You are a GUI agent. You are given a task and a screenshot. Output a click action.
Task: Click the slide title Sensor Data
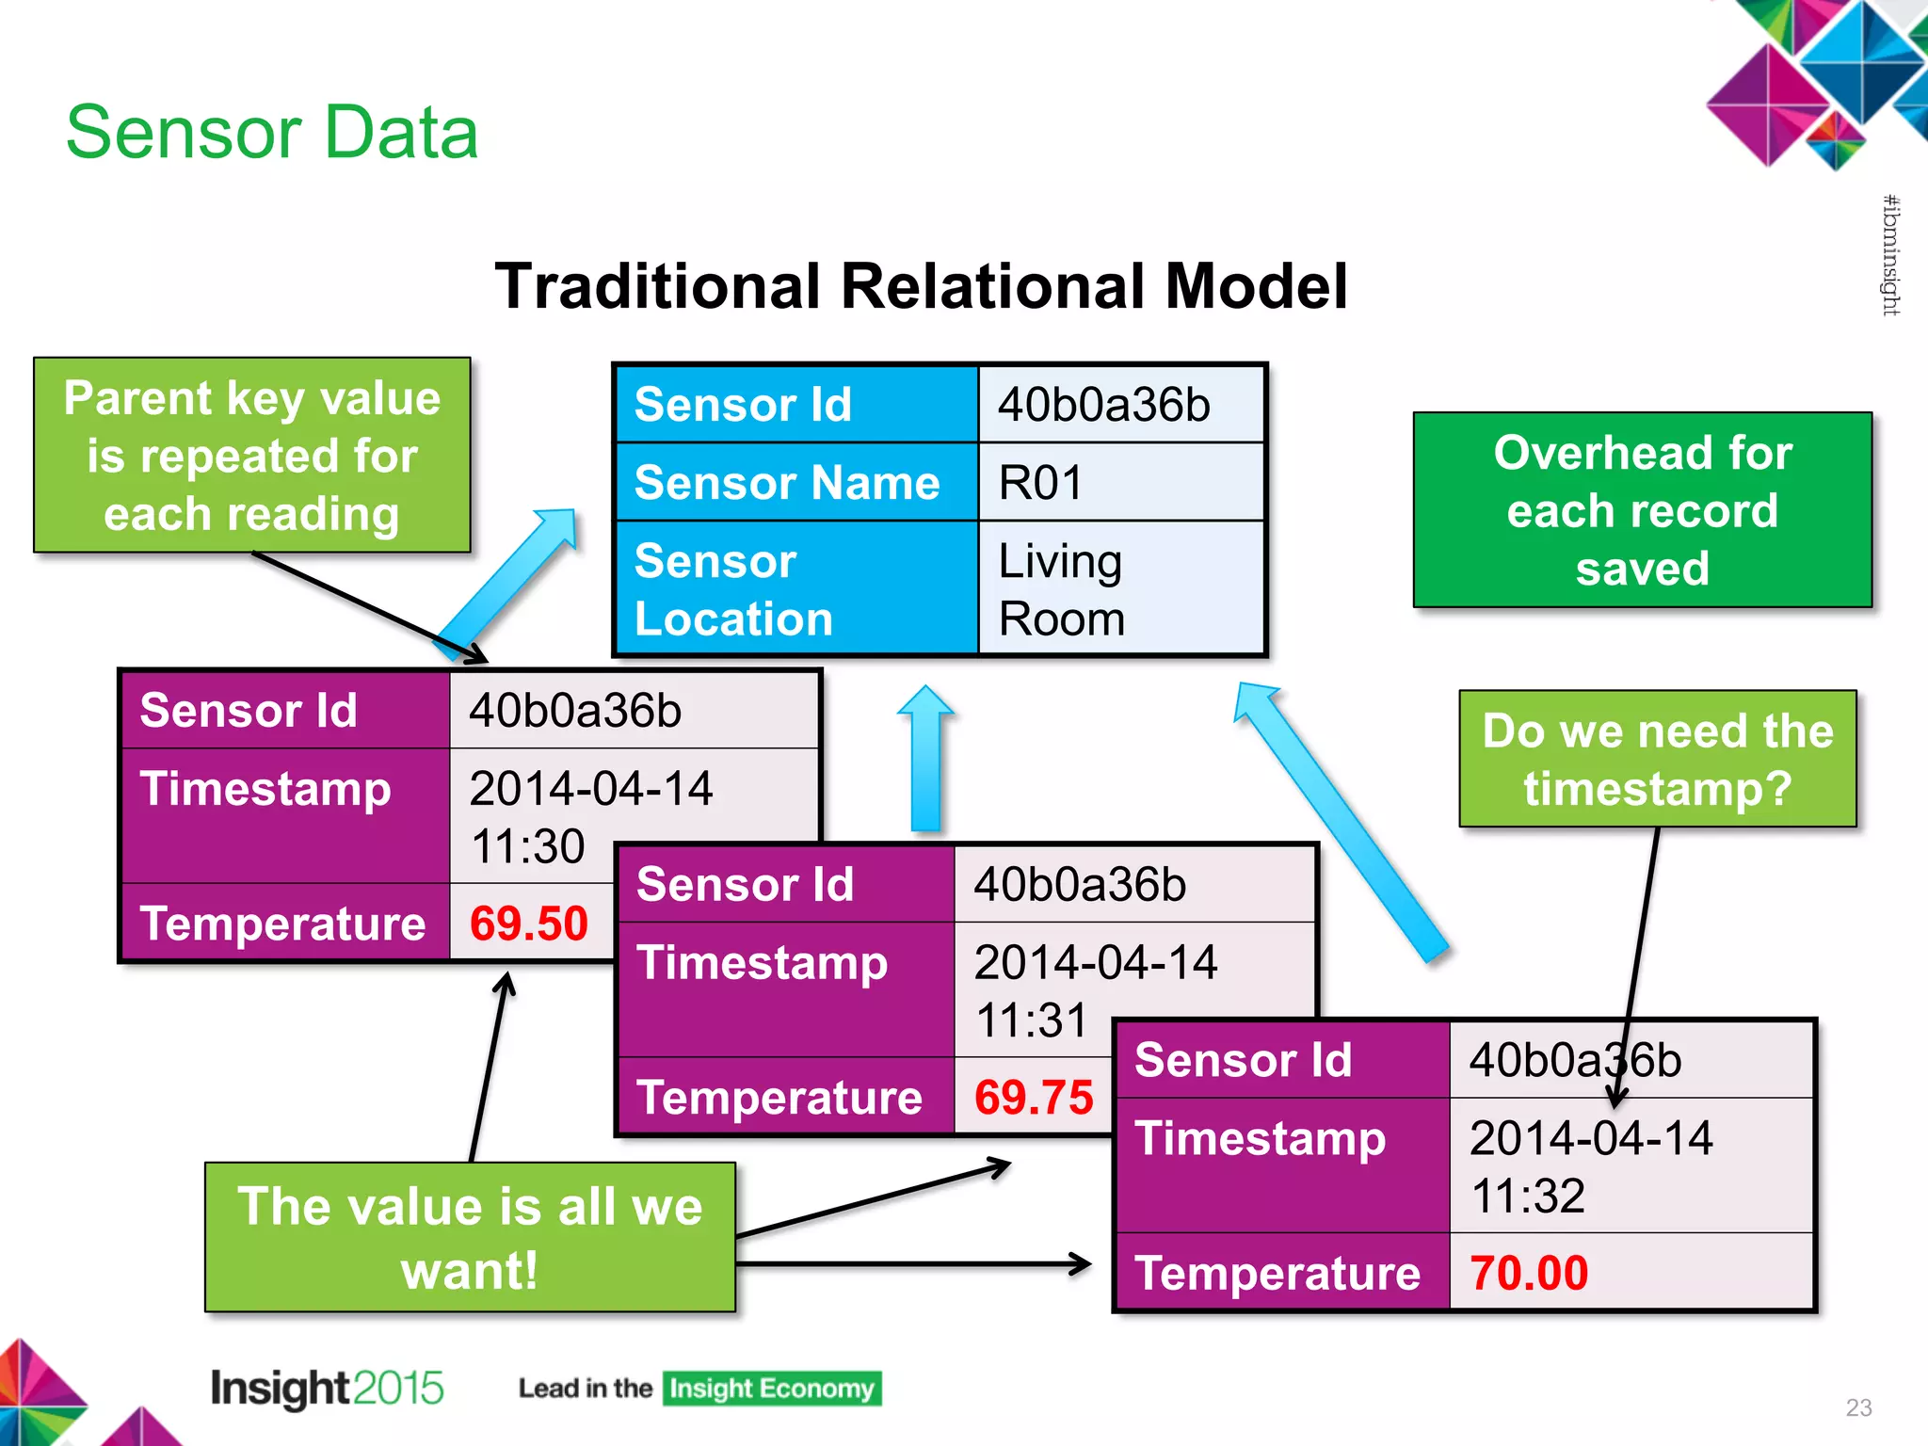272,133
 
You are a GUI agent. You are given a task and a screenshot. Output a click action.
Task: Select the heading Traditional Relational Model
921,286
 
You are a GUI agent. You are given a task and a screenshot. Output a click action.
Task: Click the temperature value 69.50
528,924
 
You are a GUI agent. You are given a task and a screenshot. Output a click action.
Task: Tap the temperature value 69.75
1033,1098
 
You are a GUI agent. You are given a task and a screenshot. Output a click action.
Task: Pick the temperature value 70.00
1529,1273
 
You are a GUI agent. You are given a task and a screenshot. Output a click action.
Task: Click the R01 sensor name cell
1120,483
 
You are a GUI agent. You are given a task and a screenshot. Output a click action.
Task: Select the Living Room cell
1120,589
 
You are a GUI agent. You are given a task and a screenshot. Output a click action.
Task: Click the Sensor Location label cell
795,589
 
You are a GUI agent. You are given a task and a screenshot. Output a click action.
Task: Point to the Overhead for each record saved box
1642,510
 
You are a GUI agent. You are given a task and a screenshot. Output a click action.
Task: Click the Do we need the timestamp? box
1657,759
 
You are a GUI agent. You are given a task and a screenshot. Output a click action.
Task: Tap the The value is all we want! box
470,1237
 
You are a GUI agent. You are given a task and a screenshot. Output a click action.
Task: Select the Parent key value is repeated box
251,456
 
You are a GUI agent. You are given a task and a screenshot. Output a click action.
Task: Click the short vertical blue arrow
926,759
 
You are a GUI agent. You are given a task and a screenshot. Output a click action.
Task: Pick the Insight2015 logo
326,1389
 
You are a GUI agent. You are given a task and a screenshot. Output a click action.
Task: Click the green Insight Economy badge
771,1389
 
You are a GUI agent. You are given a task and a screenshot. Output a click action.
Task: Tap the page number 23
1858,1407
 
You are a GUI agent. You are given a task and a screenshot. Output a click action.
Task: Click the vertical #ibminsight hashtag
1890,255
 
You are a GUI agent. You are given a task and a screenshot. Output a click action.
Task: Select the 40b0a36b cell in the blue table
1120,405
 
